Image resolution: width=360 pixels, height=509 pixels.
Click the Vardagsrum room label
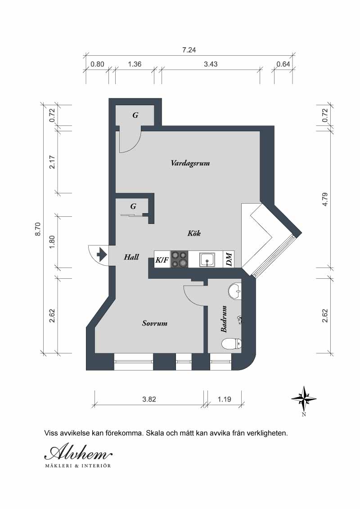190,163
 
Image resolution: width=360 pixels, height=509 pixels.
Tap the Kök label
194,233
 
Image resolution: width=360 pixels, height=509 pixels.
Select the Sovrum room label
155,323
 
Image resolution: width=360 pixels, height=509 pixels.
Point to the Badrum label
224,319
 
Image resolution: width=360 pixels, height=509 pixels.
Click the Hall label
131,257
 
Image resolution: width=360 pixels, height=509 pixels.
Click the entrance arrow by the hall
102,254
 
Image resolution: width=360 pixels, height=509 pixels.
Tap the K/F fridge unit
162,260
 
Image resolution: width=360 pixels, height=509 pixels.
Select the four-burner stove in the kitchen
180,260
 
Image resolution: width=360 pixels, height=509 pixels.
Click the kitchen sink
207,260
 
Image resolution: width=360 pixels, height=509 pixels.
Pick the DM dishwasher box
229,260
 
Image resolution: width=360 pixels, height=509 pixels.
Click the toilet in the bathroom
231,344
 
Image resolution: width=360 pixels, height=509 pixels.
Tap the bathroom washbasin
235,290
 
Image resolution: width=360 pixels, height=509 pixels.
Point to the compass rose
304,399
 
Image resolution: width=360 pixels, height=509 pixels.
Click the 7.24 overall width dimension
189,50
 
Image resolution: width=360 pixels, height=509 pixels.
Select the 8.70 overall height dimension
38,229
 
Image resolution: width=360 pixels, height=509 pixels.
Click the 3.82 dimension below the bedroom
149,399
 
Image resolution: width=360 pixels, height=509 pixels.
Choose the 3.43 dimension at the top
211,64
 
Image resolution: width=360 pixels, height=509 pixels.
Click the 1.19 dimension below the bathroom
225,399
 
